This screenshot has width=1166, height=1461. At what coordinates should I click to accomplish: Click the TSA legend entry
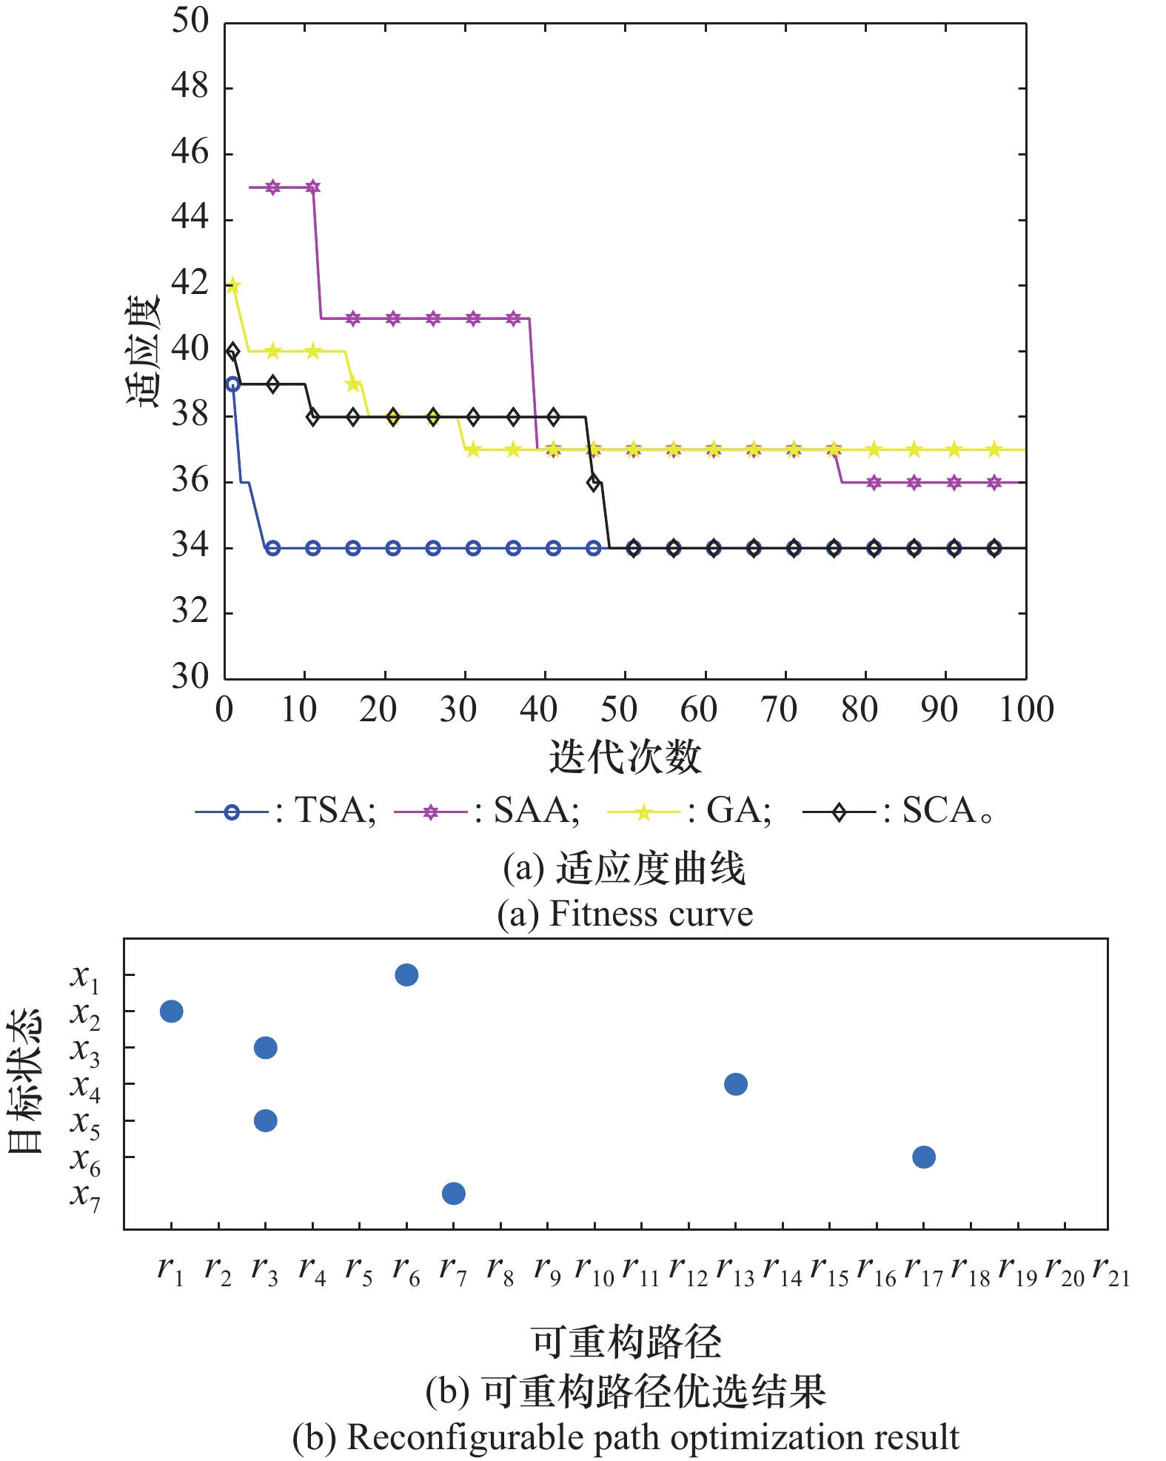click(x=285, y=812)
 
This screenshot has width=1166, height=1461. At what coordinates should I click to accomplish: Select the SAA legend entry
click(x=486, y=812)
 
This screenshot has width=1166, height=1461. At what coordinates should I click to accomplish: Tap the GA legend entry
click(x=688, y=812)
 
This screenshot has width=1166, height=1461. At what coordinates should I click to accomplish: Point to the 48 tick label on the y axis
click(x=190, y=87)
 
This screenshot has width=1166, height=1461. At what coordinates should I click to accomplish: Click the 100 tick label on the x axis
click(x=1026, y=709)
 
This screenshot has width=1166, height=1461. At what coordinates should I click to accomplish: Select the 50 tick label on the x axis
click(x=618, y=709)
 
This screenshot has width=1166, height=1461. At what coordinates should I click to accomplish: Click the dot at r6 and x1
click(x=406, y=974)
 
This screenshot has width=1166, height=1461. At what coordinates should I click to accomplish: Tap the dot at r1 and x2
click(x=171, y=1011)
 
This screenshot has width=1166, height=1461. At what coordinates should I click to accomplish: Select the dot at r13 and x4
click(x=735, y=1084)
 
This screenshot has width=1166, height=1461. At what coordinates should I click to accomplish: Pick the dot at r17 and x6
click(x=924, y=1157)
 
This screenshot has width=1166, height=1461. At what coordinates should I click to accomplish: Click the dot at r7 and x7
click(x=453, y=1193)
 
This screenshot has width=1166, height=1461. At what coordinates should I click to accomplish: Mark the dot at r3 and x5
click(x=265, y=1120)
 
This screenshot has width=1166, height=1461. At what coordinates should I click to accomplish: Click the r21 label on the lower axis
click(x=1111, y=1271)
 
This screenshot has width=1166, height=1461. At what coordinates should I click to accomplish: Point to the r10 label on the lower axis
click(x=594, y=1271)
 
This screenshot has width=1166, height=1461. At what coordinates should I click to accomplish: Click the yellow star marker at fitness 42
click(x=232, y=286)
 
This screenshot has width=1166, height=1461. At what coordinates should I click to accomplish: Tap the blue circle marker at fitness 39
click(x=232, y=384)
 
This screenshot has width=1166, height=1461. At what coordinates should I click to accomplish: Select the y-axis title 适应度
click(x=142, y=350)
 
